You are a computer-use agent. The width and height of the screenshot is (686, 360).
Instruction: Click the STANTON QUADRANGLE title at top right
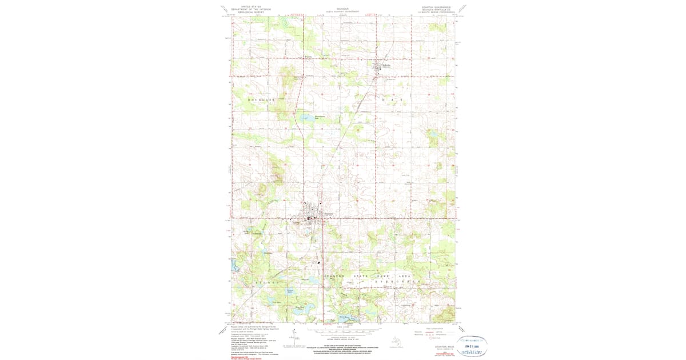click(x=436, y=7)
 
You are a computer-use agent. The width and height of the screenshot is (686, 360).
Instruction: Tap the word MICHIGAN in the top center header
click(x=342, y=9)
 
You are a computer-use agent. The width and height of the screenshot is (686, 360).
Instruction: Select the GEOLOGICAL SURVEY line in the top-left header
click(x=247, y=13)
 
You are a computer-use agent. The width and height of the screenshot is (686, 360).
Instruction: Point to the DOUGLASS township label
click(x=261, y=100)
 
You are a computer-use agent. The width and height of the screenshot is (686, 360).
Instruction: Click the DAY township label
click(x=392, y=100)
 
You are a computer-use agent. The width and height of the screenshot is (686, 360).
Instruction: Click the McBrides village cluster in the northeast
click(x=378, y=67)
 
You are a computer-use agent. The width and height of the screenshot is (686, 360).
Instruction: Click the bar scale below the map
click(x=342, y=330)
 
